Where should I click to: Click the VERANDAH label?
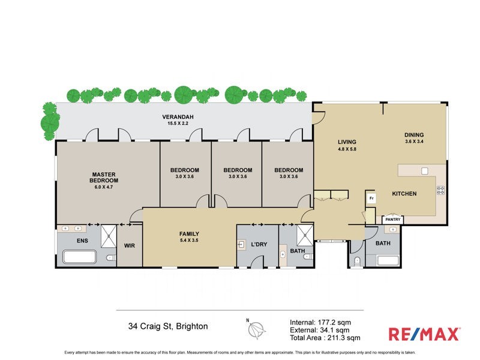(x=180, y=116)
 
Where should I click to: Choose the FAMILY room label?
(x=189, y=234)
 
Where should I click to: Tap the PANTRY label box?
(x=392, y=220)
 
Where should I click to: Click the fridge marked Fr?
(x=371, y=197)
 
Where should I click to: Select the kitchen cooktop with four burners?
(x=440, y=190)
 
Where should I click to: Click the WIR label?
(x=129, y=245)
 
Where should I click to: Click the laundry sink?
(x=242, y=245)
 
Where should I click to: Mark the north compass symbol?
(x=257, y=328)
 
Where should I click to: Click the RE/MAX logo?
(x=424, y=334)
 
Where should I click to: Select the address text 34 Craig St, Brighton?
(x=168, y=327)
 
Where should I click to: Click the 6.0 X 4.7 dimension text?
(x=104, y=187)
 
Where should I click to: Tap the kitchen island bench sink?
(x=425, y=171)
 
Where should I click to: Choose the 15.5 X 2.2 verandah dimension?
(x=180, y=124)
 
